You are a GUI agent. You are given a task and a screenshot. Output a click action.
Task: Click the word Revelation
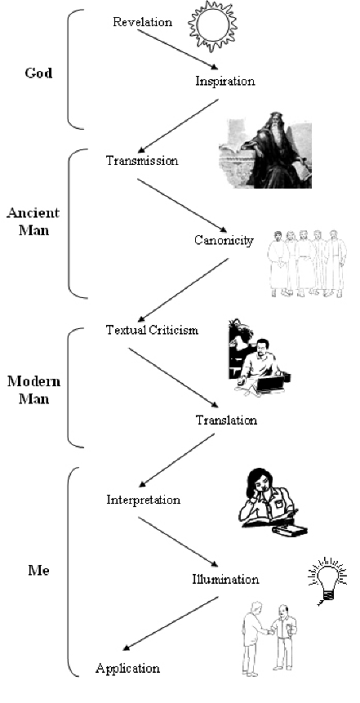coord(142,21)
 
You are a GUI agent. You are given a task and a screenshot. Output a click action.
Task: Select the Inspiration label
coord(225,81)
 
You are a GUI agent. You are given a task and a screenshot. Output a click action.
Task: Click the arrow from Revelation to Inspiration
coord(177,49)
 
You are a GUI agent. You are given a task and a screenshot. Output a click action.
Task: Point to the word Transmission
coord(142,161)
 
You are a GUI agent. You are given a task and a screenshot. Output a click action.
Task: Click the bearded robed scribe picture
coord(265,149)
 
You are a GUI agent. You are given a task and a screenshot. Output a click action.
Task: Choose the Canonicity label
coord(224,240)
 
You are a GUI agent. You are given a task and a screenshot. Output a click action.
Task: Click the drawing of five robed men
coord(307,264)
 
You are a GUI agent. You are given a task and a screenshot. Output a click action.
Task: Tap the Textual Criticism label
coord(152,331)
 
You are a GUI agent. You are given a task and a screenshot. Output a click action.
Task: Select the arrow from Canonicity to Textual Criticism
coord(184,289)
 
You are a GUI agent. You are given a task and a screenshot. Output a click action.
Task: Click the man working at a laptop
coord(260,358)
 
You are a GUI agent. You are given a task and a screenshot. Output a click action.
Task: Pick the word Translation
coord(226,420)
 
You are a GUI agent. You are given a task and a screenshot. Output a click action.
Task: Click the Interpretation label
coord(144,500)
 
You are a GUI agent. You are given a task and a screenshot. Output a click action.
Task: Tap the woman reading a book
coord(273,501)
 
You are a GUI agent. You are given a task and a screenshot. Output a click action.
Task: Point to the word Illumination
coord(225,579)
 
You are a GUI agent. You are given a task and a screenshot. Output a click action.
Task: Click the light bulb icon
coord(328,581)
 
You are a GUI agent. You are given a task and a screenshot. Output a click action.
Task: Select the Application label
coord(128,669)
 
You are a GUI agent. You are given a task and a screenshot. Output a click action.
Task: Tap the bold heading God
coord(38,73)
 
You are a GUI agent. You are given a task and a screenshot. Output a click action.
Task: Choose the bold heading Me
coord(38,571)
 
